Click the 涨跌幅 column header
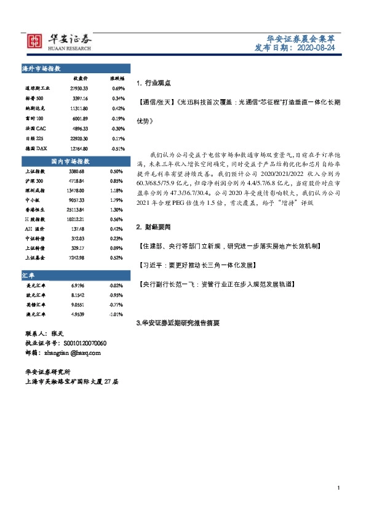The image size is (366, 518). point(117,79)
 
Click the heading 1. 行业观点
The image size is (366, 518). point(153,82)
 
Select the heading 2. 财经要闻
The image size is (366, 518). point(153,227)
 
